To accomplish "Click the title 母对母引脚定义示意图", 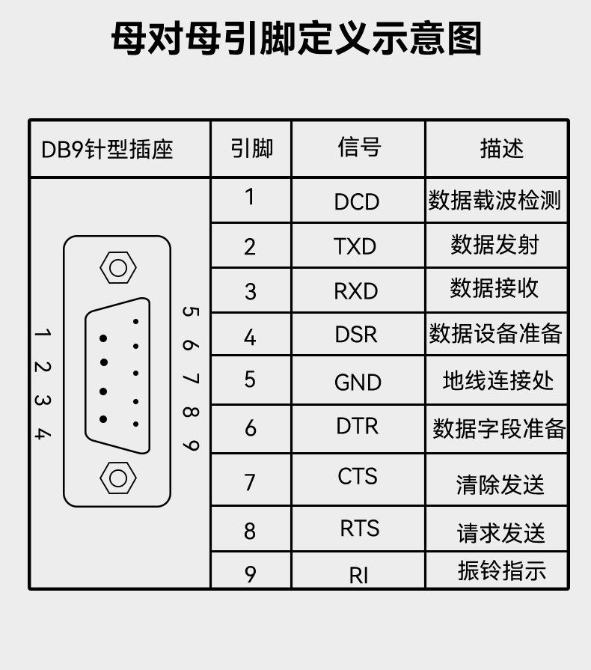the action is [x=295, y=39].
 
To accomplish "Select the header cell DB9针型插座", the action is [x=107, y=149].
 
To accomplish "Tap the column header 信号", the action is [x=358, y=147].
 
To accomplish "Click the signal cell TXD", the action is [x=355, y=246].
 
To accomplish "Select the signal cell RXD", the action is [x=356, y=291].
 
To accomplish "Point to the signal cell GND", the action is [x=358, y=383].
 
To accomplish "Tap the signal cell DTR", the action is [x=357, y=426].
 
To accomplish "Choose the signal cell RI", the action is [x=358, y=576].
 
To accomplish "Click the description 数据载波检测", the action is [x=494, y=201].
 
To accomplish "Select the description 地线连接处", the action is [x=497, y=381].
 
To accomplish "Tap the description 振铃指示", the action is [x=502, y=571].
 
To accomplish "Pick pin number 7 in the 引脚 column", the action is [x=250, y=482].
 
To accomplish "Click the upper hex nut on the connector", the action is [x=117, y=267].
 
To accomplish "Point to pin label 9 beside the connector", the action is [x=191, y=445].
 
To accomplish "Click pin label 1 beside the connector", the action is [x=43, y=332].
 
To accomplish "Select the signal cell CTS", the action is [x=358, y=476].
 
